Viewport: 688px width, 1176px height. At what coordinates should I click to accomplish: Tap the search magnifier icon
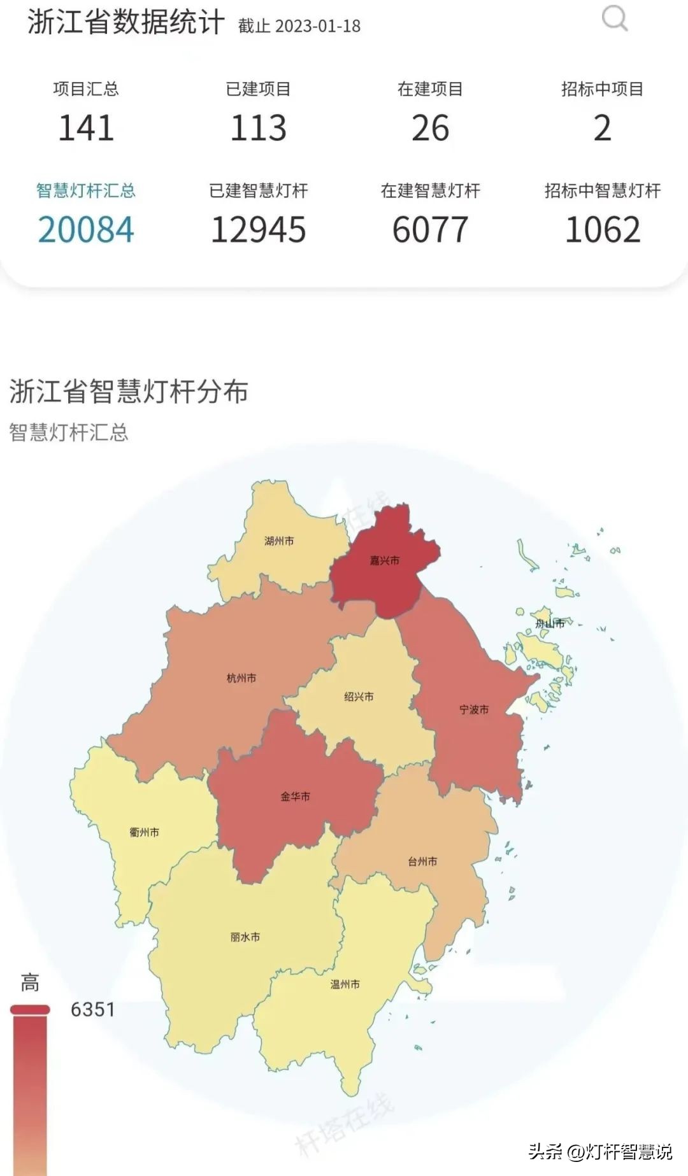615,18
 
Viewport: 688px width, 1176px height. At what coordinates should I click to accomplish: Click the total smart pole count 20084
86,230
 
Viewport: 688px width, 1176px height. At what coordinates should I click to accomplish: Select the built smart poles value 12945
258,230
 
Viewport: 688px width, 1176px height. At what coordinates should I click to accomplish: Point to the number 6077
430,230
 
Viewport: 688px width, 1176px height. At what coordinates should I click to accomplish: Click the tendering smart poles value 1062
603,230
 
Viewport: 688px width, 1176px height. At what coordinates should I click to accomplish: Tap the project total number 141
86,128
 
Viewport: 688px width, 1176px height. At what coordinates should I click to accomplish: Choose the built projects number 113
258,128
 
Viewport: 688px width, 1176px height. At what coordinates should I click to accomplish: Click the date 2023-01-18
319,26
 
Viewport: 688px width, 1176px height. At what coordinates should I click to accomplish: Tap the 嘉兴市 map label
385,560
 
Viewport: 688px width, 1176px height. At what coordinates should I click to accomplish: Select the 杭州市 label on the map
241,678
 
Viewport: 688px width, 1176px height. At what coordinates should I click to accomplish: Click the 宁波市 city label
474,709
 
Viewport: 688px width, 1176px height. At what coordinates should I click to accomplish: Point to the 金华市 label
296,796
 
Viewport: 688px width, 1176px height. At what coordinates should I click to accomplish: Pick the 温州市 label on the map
345,984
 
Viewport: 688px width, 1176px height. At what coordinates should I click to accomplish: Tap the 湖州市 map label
279,541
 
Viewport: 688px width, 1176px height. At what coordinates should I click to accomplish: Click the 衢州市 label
145,832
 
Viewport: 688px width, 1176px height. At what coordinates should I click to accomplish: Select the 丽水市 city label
245,937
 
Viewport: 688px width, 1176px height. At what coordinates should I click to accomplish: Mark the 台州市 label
422,861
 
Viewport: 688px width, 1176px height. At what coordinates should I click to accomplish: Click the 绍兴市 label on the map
359,697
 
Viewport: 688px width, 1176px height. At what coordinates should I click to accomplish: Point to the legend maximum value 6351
93,1009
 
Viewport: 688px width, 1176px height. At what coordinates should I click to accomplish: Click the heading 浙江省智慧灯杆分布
129,392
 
